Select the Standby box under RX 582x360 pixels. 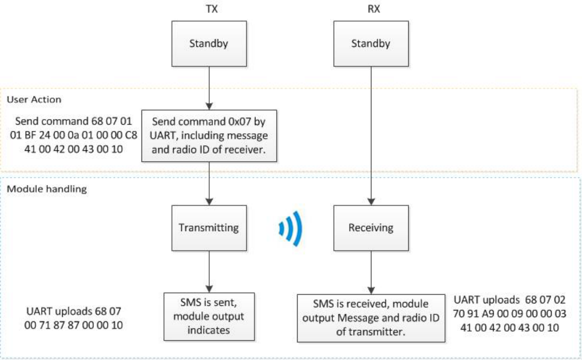[370, 45]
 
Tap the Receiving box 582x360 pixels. [370, 228]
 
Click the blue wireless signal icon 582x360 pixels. [291, 228]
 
